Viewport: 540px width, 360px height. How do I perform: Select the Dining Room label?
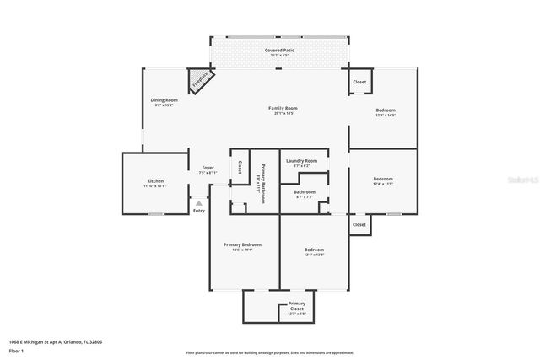164,100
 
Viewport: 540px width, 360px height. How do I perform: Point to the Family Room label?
283,108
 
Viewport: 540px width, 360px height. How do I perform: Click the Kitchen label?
155,181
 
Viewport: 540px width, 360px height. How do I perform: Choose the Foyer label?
208,168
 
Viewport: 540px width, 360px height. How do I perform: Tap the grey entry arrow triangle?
199,203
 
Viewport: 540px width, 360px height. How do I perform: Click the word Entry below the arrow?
199,211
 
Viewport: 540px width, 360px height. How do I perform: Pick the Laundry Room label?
301,160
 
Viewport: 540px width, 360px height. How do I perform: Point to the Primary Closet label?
296,304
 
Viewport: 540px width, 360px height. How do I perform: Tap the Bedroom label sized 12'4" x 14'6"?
385,110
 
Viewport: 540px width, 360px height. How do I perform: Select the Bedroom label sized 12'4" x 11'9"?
383,179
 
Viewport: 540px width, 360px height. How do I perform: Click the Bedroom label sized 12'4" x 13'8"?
314,250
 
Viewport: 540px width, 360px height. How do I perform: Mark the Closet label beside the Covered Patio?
359,82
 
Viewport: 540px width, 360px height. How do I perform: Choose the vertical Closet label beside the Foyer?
240,167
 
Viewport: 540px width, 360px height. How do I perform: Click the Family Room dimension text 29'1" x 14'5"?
283,114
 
